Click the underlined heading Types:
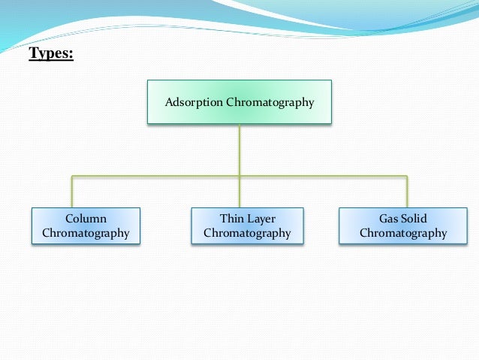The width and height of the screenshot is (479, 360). pyautogui.click(x=51, y=54)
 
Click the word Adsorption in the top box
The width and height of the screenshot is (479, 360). pyautogui.click(x=194, y=101)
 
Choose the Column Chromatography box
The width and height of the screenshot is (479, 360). pyautogui.click(x=86, y=226)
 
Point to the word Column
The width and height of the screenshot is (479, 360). pyautogui.click(x=86, y=219)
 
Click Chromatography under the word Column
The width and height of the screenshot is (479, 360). pyautogui.click(x=86, y=233)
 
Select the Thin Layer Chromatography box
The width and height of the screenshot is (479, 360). pyautogui.click(x=247, y=226)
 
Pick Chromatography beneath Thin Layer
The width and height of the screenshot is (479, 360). pyautogui.click(x=247, y=233)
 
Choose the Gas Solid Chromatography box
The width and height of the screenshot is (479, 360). pyautogui.click(x=403, y=226)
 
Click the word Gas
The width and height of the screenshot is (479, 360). pyautogui.click(x=389, y=219)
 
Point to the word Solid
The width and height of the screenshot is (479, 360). pyautogui.click(x=414, y=219)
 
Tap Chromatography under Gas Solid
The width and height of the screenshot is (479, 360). pyautogui.click(x=403, y=233)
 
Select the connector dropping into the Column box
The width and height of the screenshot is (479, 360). pyautogui.click(x=72, y=192)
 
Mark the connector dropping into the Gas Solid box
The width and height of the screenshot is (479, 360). pyautogui.click(x=407, y=192)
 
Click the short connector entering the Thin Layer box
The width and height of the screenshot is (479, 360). pyautogui.click(x=239, y=192)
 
